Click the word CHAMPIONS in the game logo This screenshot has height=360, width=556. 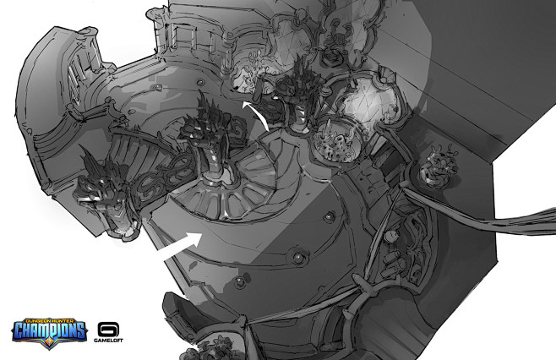pos(49,330)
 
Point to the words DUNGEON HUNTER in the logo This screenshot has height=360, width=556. pos(49,320)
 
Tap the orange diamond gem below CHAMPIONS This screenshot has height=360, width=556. pos(48,343)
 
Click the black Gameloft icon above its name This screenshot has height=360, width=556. pos(108,330)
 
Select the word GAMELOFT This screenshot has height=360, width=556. pos(108,341)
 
